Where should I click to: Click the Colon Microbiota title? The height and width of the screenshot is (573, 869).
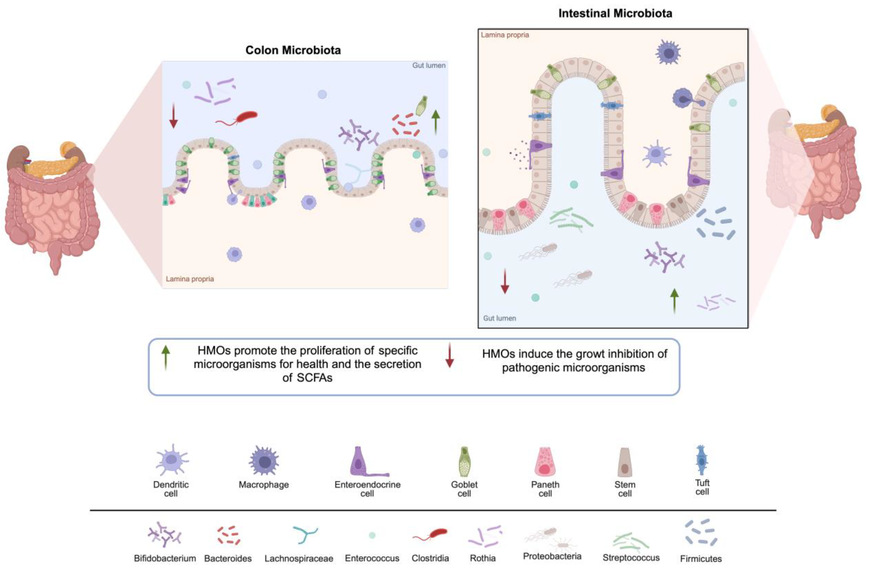tap(293, 50)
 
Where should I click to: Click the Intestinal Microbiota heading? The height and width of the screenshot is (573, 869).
tap(615, 13)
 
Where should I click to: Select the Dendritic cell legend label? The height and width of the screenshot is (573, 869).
tap(171, 489)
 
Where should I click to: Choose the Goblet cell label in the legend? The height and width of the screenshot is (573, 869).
tap(464, 489)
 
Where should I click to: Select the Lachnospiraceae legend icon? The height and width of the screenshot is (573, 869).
tap(305, 535)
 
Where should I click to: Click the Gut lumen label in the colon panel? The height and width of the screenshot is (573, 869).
tap(429, 65)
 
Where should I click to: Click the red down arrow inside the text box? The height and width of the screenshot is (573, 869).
tap(449, 355)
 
